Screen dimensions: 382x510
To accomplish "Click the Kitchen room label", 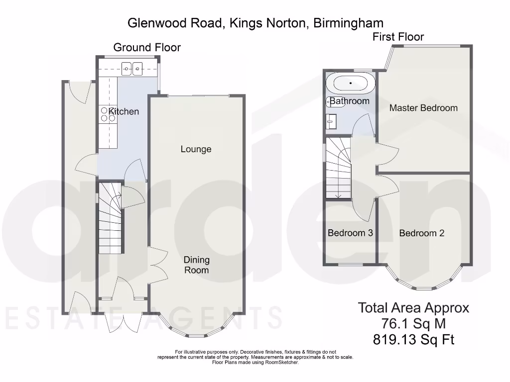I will point(124,111).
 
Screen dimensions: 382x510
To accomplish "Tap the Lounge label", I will point(196,149).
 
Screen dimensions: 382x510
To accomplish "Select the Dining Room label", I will point(196,265).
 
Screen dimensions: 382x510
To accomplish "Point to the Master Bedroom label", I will point(423,108).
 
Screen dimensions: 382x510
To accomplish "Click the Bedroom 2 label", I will point(421,233).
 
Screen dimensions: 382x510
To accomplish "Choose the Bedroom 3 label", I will point(350,233).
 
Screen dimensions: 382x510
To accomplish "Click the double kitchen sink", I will point(132,68).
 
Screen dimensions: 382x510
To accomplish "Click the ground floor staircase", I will point(110,219).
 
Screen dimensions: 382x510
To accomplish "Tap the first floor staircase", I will point(338,169).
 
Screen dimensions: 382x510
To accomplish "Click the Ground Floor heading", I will point(147,48).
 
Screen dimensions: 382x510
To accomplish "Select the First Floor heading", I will point(398,37).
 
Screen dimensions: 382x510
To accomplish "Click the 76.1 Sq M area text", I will point(413,324).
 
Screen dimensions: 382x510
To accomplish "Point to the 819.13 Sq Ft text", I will point(413,340).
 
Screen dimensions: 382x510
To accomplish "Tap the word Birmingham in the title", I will point(348,22).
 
